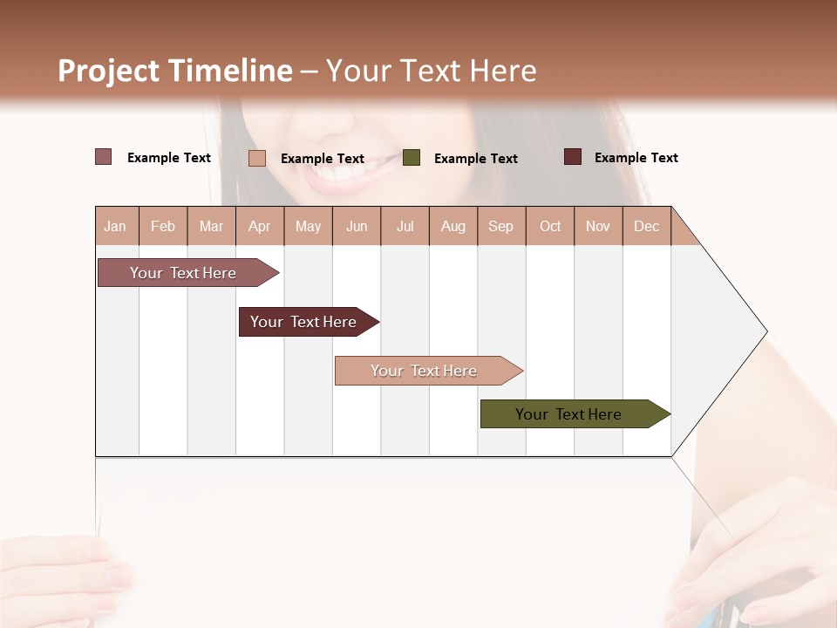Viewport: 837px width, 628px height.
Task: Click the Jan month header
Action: pos(116,226)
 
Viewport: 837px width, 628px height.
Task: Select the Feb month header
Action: pos(163,226)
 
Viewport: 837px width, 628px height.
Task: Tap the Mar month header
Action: pos(211,226)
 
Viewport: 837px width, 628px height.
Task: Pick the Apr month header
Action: pos(260,226)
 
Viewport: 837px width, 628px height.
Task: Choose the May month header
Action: pos(308,226)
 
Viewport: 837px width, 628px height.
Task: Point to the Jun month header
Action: pos(357,226)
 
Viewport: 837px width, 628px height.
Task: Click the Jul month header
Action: pos(405,226)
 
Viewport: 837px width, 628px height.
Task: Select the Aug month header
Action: pos(453,226)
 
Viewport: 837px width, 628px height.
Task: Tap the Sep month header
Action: pos(501,226)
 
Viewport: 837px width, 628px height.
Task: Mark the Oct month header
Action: pos(550,226)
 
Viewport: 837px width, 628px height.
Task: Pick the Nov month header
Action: pos(598,226)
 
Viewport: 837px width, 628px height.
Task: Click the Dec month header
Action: pos(647,226)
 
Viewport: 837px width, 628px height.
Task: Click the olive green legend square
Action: pos(412,158)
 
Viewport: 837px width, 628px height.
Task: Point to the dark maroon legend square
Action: pos(573,157)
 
